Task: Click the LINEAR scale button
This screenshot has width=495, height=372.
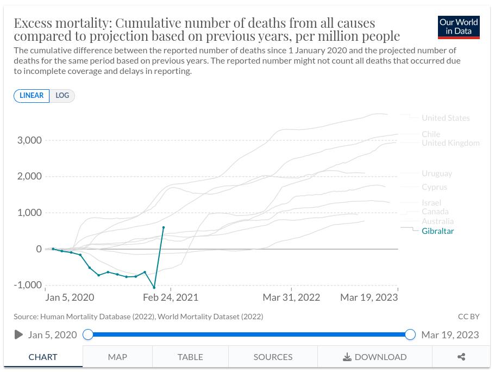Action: point(32,96)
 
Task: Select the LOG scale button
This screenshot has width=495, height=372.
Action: point(62,96)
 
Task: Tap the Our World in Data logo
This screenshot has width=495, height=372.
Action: point(459,27)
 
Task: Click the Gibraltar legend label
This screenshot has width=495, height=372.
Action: point(437,231)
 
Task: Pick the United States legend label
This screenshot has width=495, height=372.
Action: point(446,118)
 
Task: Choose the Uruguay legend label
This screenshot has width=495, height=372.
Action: point(437,173)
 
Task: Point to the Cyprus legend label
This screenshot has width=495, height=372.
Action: point(434,187)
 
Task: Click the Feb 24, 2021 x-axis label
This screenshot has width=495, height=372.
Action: point(171,297)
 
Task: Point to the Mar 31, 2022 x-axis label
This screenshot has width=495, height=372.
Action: point(291,297)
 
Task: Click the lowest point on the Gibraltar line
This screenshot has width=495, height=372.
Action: point(154,288)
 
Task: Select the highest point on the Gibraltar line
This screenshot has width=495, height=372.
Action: point(164,228)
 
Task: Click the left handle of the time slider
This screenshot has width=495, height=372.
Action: point(88,334)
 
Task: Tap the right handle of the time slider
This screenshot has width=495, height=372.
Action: point(410,334)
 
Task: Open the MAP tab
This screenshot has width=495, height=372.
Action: point(117,357)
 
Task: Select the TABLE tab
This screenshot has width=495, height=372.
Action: point(190,357)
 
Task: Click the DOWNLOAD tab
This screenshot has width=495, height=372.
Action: point(375,357)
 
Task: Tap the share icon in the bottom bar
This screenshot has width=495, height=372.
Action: point(461,357)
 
